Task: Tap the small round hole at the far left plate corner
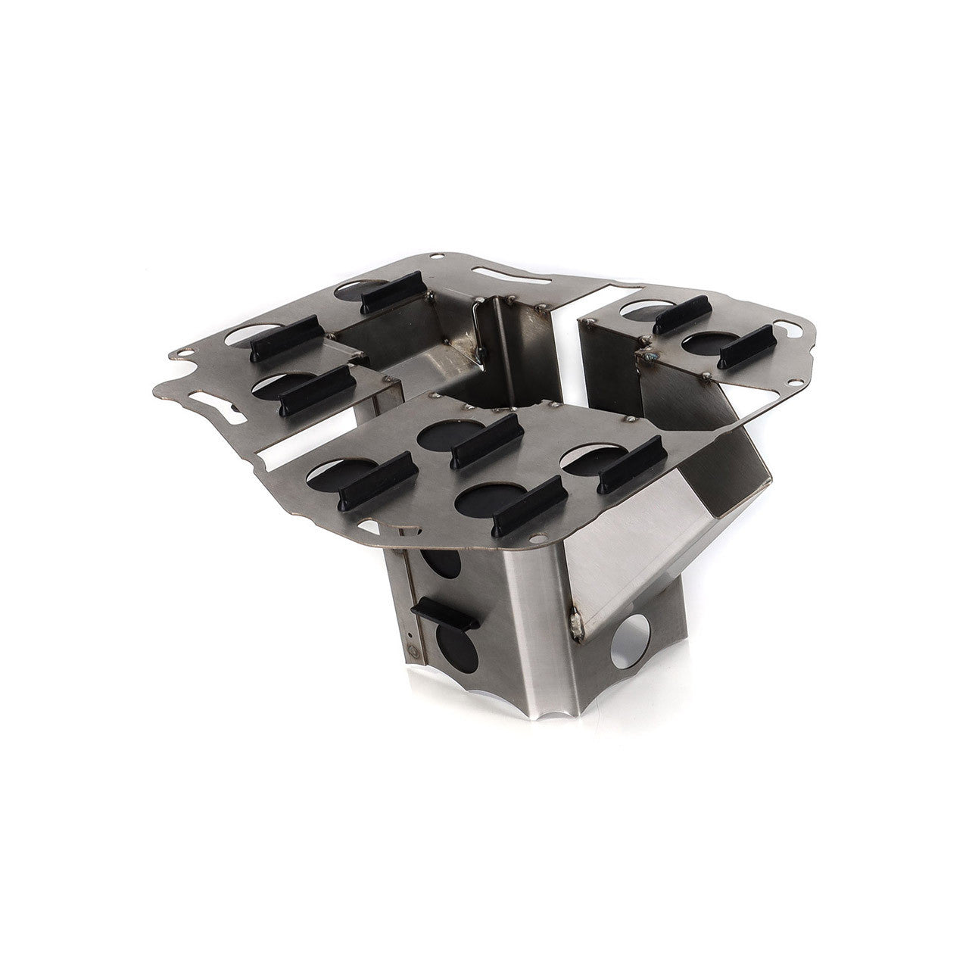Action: [x=181, y=353]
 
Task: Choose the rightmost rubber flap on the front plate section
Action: [x=630, y=464]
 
